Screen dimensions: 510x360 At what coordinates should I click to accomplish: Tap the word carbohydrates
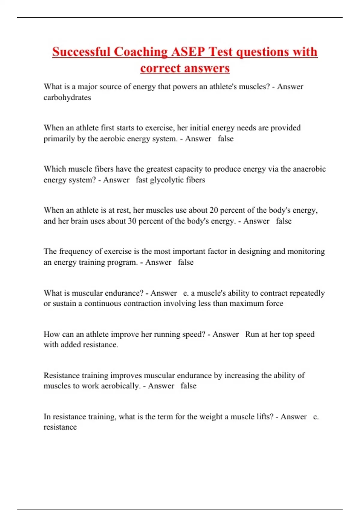67,97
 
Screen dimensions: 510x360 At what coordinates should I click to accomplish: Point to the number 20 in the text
214,210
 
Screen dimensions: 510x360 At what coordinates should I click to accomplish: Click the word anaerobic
309,169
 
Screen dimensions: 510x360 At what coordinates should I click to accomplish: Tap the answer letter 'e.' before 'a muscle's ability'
186,293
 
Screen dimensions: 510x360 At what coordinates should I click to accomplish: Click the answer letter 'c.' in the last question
316,417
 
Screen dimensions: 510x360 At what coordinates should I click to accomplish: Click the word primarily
59,139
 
